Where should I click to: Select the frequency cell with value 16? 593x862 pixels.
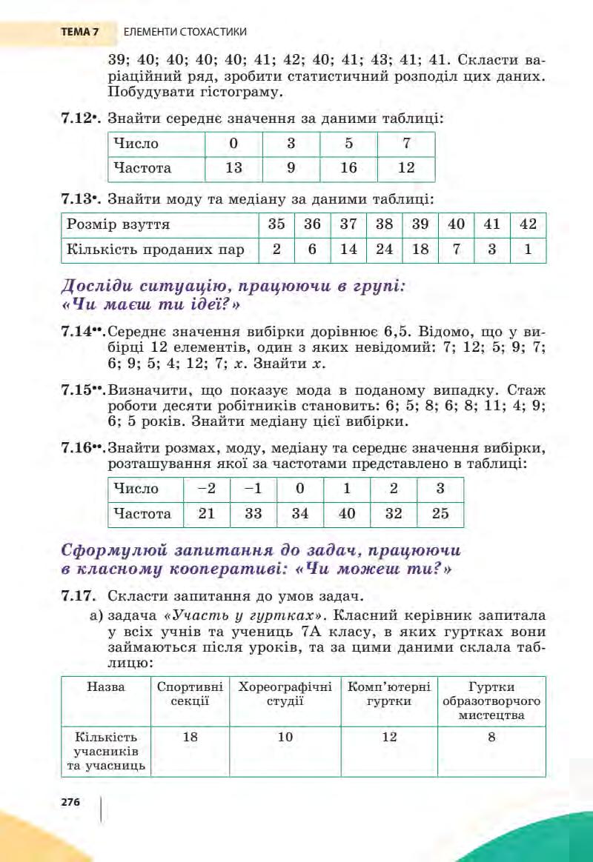tap(348, 168)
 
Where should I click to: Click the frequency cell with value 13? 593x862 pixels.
tap(233, 168)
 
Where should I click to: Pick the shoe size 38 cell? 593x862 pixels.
tap(384, 224)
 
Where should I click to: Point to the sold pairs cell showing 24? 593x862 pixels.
tap(384, 250)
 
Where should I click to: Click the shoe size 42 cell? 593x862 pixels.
tap(528, 224)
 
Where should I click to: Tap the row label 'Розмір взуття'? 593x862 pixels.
tap(119, 224)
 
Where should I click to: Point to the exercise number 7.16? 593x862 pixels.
tap(81, 449)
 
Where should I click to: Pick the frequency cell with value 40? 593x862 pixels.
tap(346, 514)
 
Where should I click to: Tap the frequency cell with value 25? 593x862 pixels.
tap(440, 514)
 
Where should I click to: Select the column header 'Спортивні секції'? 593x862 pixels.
tap(191, 693)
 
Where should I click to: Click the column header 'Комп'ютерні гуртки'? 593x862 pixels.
tap(389, 693)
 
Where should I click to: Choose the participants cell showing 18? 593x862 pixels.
tap(191, 737)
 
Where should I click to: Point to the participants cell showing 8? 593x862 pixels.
tap(491, 737)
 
